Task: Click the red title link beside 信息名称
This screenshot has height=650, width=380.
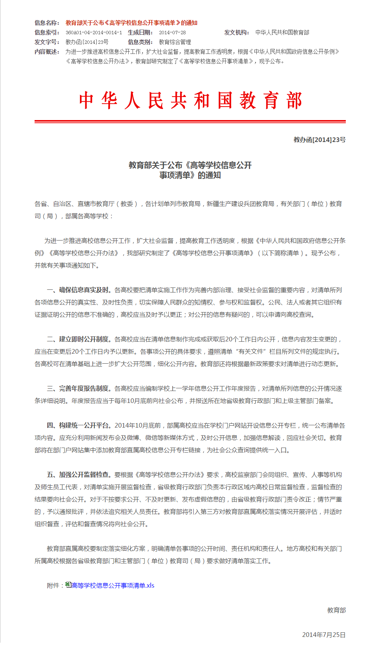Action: pos(131,23)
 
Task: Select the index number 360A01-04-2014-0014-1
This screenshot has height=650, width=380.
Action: pos(94,33)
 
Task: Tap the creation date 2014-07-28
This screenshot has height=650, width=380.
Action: pos(172,33)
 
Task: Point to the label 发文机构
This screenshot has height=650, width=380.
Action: pos(237,33)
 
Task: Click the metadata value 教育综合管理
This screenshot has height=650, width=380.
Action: pos(175,42)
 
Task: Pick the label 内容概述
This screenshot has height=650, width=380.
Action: pos(47,52)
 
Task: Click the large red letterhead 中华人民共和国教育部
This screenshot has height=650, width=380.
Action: pos(190,101)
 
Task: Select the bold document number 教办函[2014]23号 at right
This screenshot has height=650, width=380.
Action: pos(319,140)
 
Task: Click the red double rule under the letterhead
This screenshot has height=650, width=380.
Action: pos(190,122)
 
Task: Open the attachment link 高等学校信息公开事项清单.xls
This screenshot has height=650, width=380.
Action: pos(113,586)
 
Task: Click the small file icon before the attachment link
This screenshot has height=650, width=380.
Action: pos(68,585)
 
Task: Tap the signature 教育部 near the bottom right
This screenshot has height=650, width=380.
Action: pos(336,610)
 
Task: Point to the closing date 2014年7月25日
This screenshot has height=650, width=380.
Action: pos(324,635)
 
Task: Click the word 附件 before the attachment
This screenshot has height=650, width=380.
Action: pos(53,586)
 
